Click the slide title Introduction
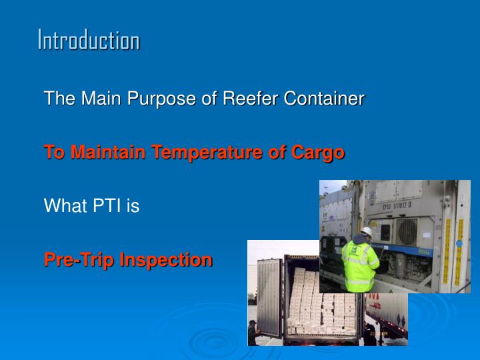pos(88,41)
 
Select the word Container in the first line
pos(324,99)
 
